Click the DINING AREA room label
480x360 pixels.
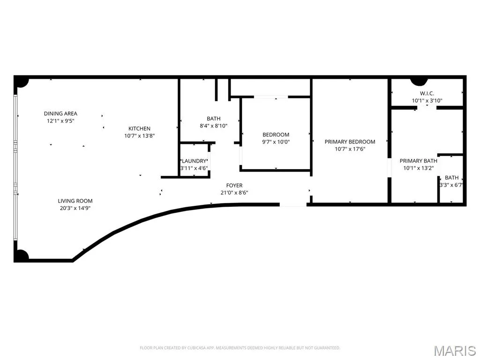coord(60,113)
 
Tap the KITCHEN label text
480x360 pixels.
coord(139,128)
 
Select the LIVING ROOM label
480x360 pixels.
coord(75,201)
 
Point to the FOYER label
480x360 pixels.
coord(234,186)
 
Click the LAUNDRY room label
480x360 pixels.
coord(194,161)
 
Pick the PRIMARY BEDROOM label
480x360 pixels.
coord(350,142)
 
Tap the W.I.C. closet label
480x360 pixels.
coord(427,93)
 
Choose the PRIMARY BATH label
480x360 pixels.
coord(419,161)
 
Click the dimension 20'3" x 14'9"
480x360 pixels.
coord(75,208)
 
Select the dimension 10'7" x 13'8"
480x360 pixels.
coord(139,136)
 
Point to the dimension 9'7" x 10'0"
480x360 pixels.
coord(276,142)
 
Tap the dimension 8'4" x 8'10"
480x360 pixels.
coord(213,126)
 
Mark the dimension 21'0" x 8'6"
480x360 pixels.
coord(234,193)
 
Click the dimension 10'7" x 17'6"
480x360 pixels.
coord(350,149)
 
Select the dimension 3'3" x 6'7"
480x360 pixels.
coord(451,185)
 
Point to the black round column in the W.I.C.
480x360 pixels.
coord(419,82)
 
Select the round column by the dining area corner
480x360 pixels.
coord(22,82)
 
